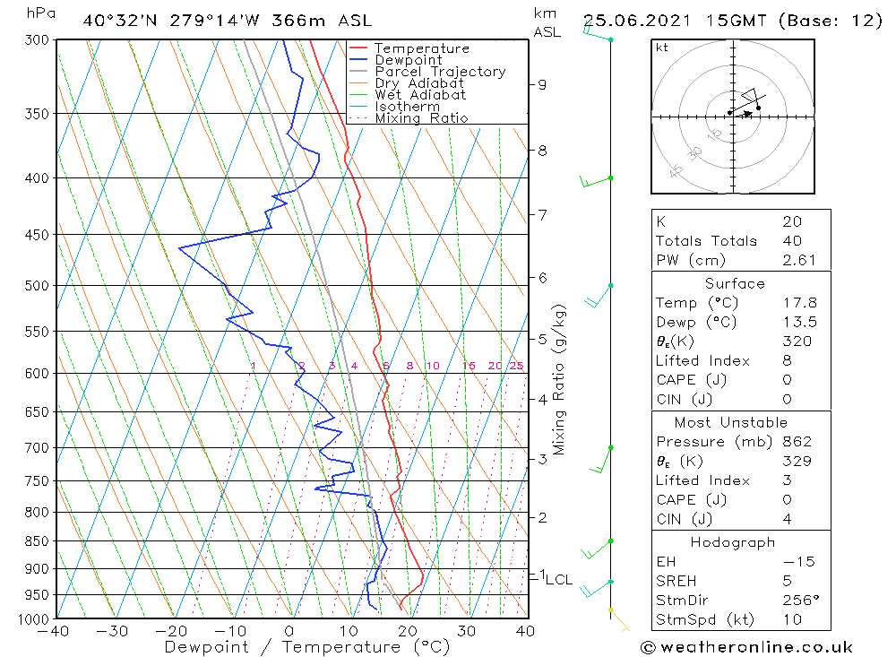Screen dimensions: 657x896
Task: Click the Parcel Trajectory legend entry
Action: click(x=439, y=72)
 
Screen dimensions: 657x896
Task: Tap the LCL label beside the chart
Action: click(x=559, y=580)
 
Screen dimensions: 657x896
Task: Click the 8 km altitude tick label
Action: click(x=542, y=151)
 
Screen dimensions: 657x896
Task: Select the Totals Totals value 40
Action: click(x=791, y=241)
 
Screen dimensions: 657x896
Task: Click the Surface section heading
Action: click(x=735, y=284)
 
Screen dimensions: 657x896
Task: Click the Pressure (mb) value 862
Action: click(x=797, y=442)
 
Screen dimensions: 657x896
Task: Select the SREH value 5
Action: click(x=786, y=581)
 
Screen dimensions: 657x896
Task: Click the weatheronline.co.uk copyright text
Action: click(x=746, y=647)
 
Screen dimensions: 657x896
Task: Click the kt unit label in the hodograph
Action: click(x=661, y=48)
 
